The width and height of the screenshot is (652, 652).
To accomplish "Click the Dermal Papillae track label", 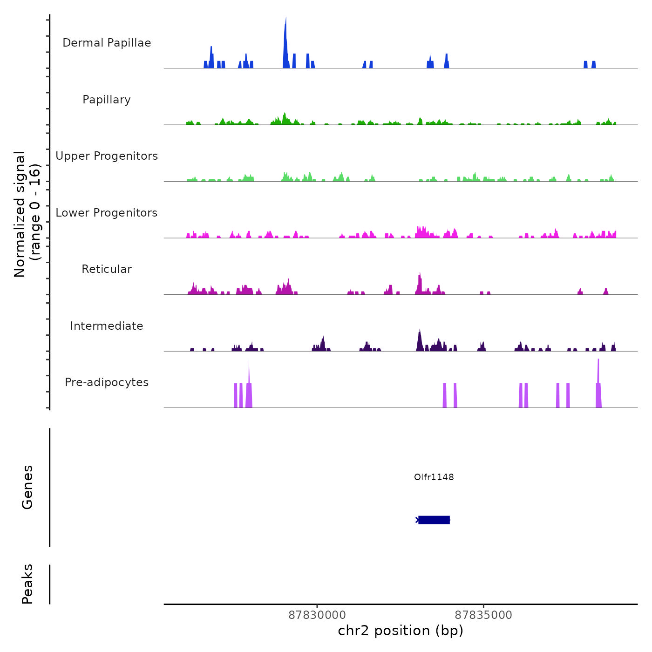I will point(107,43).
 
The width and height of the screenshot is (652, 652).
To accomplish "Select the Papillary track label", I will point(107,100).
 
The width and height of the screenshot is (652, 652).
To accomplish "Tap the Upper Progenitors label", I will point(107,156).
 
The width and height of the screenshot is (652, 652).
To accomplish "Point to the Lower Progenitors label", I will point(107,213).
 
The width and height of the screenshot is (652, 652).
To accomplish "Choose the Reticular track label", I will point(107,269).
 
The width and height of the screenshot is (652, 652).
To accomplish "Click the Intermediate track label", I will point(107,326).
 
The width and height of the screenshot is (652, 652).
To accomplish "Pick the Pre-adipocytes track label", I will point(107,382).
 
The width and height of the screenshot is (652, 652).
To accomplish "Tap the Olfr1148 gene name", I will point(434,477).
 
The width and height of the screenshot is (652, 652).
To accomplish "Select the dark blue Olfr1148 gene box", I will point(434,520).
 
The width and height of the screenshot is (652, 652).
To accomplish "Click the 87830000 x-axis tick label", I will point(317,615).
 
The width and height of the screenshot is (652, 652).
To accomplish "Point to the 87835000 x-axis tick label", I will point(483,615).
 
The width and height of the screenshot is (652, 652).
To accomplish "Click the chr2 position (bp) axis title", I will point(401,631).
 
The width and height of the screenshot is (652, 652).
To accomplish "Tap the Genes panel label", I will point(27,487).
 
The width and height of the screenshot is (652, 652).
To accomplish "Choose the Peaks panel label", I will point(27,584).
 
